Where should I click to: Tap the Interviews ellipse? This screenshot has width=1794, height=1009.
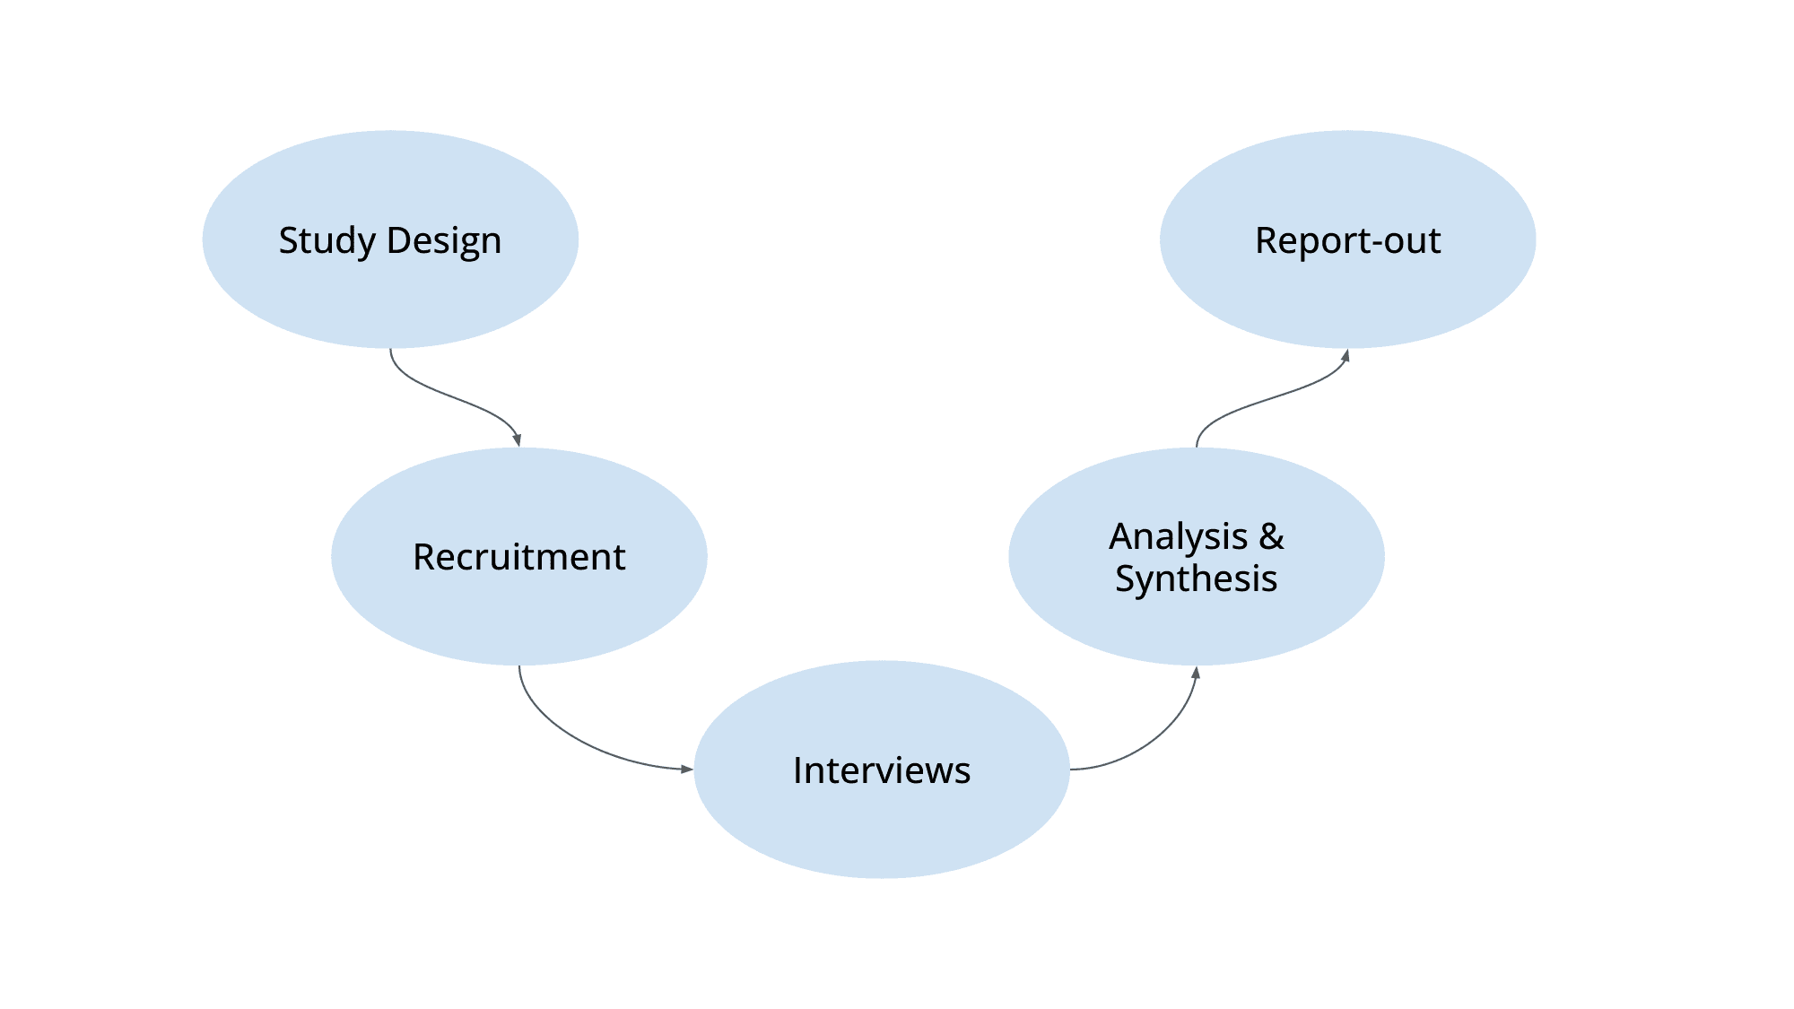[x=882, y=825]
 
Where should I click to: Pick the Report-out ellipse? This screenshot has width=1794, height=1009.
[x=1347, y=296]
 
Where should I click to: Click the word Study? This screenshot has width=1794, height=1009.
[x=327, y=241]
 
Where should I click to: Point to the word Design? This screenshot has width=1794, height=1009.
[x=444, y=241]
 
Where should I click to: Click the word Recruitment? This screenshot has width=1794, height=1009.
[x=519, y=557]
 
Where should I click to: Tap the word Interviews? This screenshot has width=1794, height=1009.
[x=882, y=770]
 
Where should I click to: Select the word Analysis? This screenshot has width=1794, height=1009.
[x=1179, y=536]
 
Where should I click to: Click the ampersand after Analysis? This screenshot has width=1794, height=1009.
[x=1272, y=536]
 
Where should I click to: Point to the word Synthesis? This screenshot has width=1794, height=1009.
[x=1196, y=578]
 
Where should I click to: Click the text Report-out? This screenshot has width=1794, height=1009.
[x=1347, y=240]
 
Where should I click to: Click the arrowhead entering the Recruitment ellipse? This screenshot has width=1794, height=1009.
[x=518, y=439]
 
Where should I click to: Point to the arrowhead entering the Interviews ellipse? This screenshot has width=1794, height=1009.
[x=686, y=769]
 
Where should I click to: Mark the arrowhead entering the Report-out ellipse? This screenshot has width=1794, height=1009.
[x=1345, y=356]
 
